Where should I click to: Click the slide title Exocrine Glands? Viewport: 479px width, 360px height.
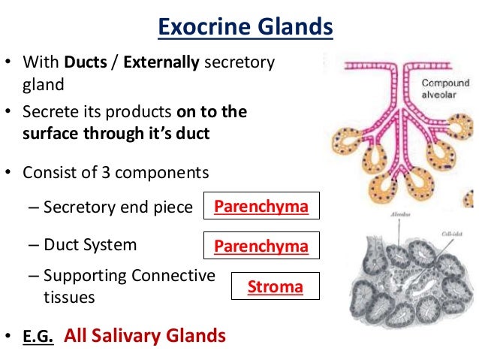coord(245,29)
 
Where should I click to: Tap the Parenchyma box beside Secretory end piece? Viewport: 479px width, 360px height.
coord(261,207)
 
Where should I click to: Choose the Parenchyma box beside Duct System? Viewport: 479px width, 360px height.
coord(261,246)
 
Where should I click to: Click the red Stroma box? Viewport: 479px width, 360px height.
coord(276,286)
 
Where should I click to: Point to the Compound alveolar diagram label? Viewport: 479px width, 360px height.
coord(445,89)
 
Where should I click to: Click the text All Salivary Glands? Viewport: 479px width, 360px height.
coord(145,336)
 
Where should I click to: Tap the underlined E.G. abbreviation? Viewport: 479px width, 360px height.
coord(37,337)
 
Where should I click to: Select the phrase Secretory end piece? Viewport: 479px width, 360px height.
coord(118,207)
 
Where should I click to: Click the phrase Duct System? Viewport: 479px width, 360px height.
coord(90,245)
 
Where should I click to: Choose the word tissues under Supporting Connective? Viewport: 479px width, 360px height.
coord(69,298)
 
